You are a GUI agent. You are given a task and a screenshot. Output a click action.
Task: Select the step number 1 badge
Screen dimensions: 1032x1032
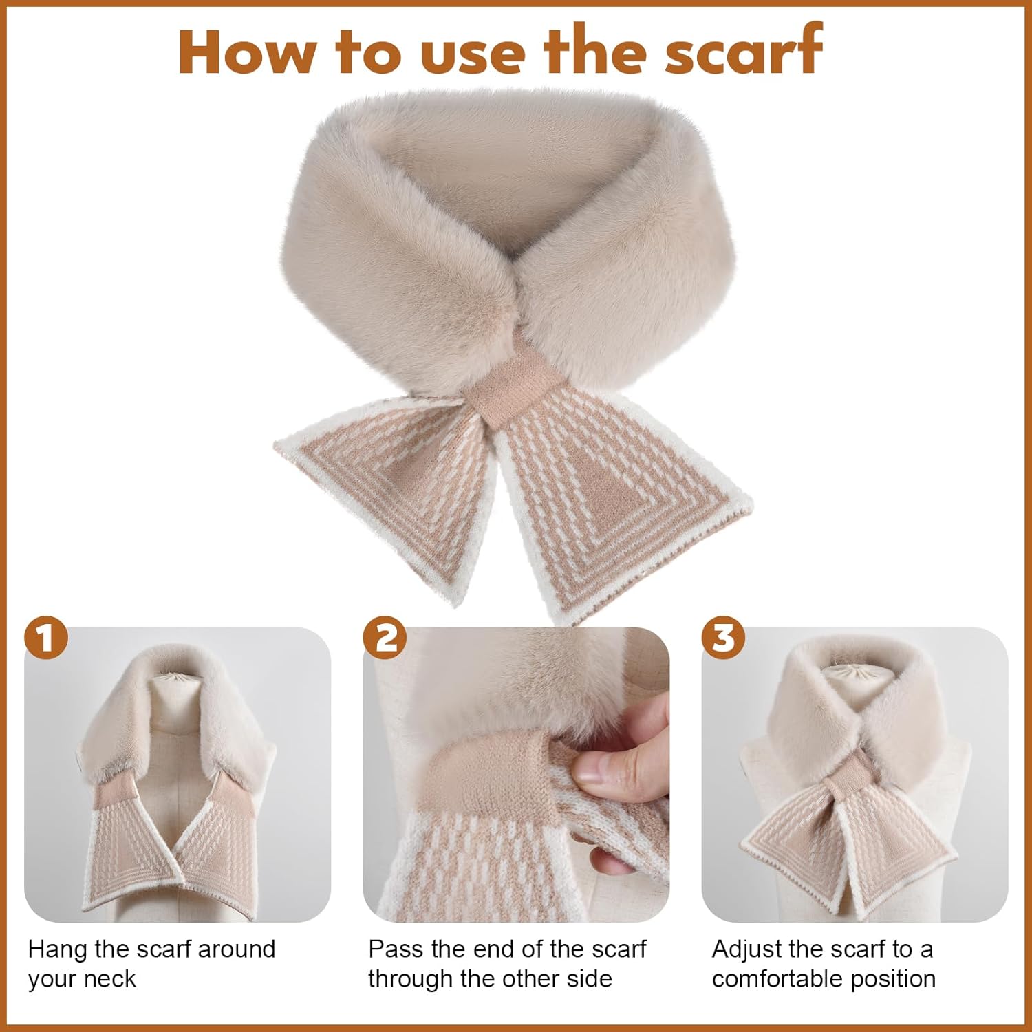pos(46,638)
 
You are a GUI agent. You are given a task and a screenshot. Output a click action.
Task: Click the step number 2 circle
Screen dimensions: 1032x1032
pos(385,638)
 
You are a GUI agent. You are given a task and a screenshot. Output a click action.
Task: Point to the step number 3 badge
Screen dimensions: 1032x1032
pos(724,638)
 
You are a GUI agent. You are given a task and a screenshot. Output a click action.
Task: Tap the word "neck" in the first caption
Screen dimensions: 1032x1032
pos(109,979)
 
